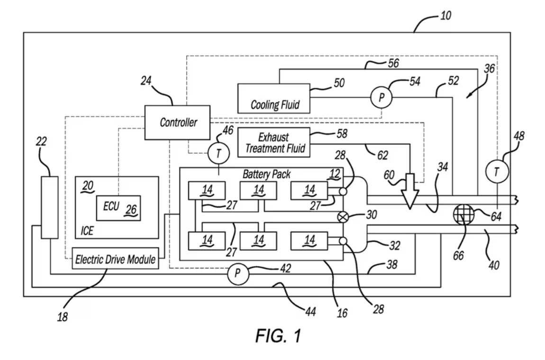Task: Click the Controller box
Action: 177,122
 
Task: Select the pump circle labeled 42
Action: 236,274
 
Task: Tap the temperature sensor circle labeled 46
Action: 218,153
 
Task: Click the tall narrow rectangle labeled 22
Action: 49,207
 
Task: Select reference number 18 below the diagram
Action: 62,317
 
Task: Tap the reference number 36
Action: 489,68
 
